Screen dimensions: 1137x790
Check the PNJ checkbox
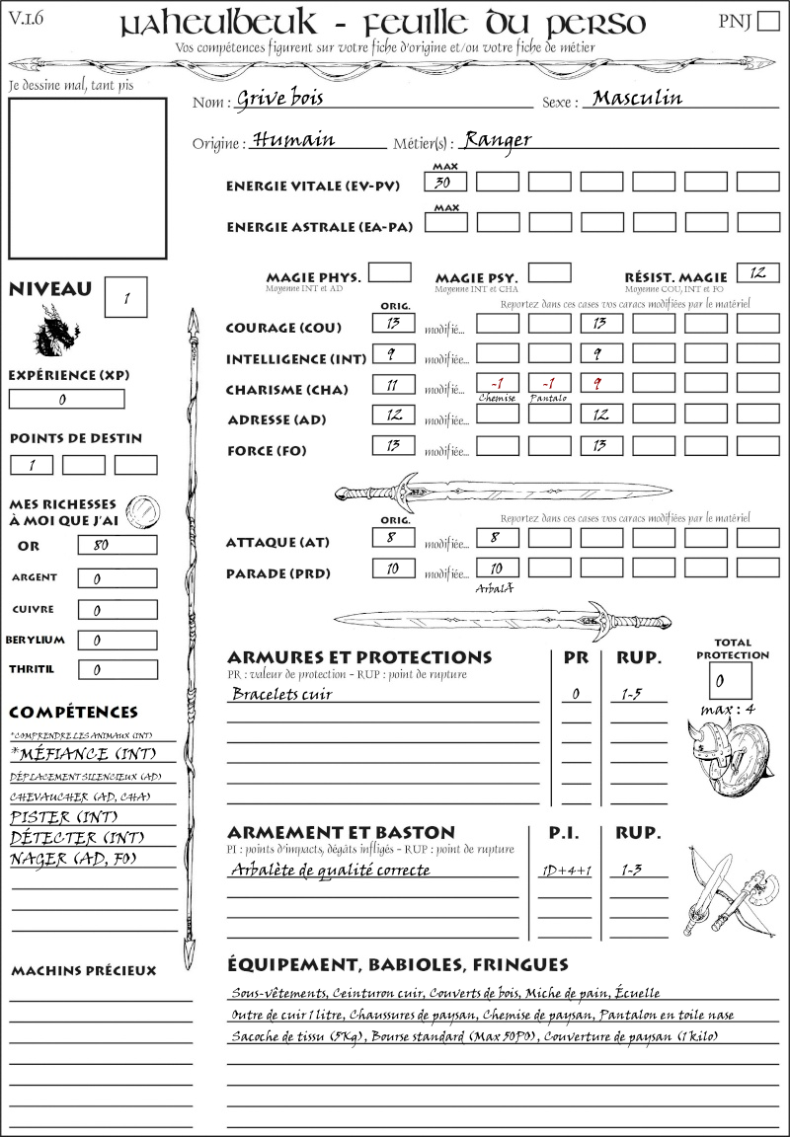766,22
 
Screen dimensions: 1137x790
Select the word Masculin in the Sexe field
637,98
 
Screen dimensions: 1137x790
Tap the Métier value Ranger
498,139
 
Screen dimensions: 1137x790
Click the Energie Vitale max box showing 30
446,182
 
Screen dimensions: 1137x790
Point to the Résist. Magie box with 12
757,272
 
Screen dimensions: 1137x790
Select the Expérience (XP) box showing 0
66,400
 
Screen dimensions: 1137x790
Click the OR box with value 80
118,545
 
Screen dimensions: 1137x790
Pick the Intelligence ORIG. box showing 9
393,353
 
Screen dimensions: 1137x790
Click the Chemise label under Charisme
497,398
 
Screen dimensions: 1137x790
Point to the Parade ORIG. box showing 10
393,568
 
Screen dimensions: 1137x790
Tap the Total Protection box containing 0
730,681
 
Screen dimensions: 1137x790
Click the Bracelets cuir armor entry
281,694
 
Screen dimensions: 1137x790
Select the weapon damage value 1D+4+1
564,871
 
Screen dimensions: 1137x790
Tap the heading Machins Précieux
83,971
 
